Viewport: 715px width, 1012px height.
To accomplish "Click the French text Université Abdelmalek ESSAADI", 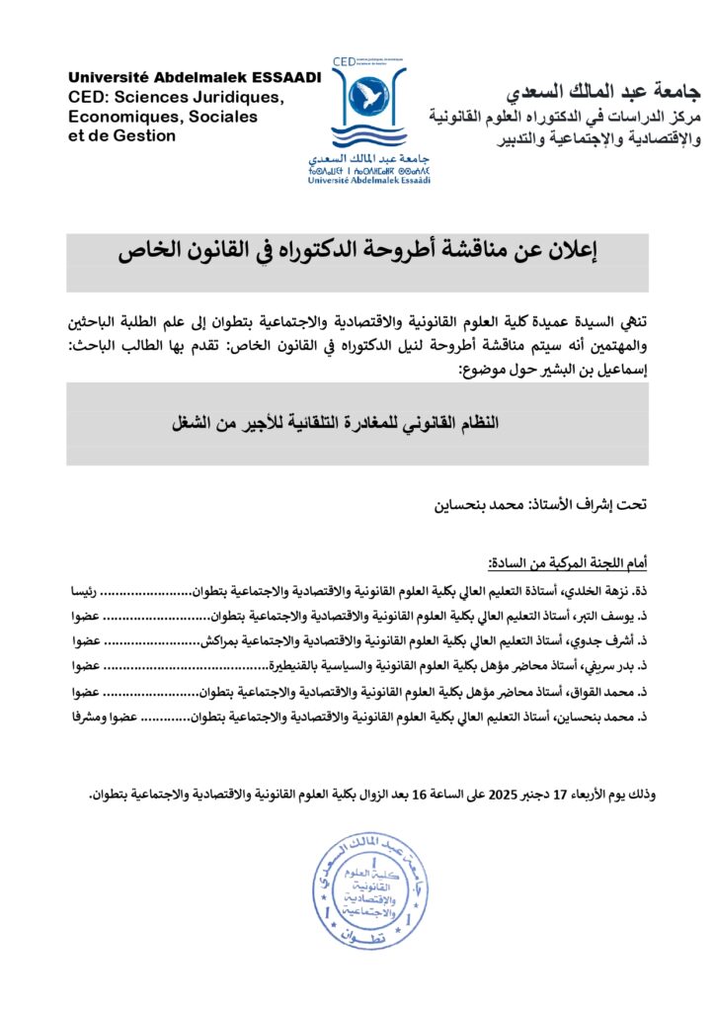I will (x=195, y=78).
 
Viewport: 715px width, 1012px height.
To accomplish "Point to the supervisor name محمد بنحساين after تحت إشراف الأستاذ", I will (x=472, y=505).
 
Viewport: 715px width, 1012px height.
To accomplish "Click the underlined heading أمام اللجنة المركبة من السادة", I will (x=568, y=562).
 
